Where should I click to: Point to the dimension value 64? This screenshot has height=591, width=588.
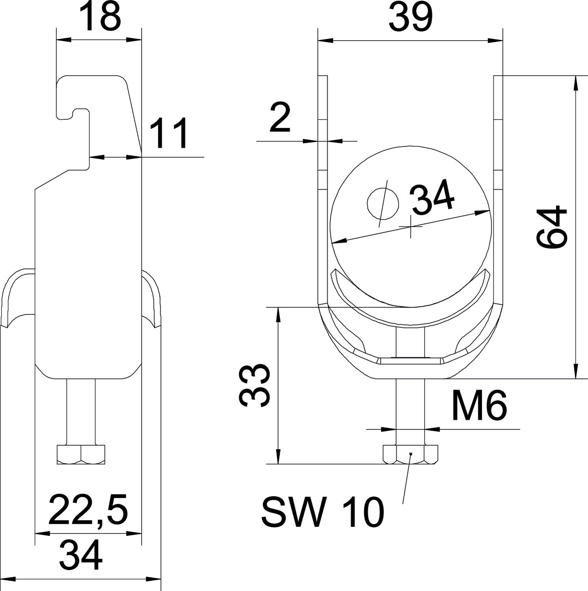click(x=553, y=227)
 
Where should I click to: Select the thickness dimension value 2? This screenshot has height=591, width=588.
click(x=280, y=117)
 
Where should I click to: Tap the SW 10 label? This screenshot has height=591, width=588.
click(x=322, y=512)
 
